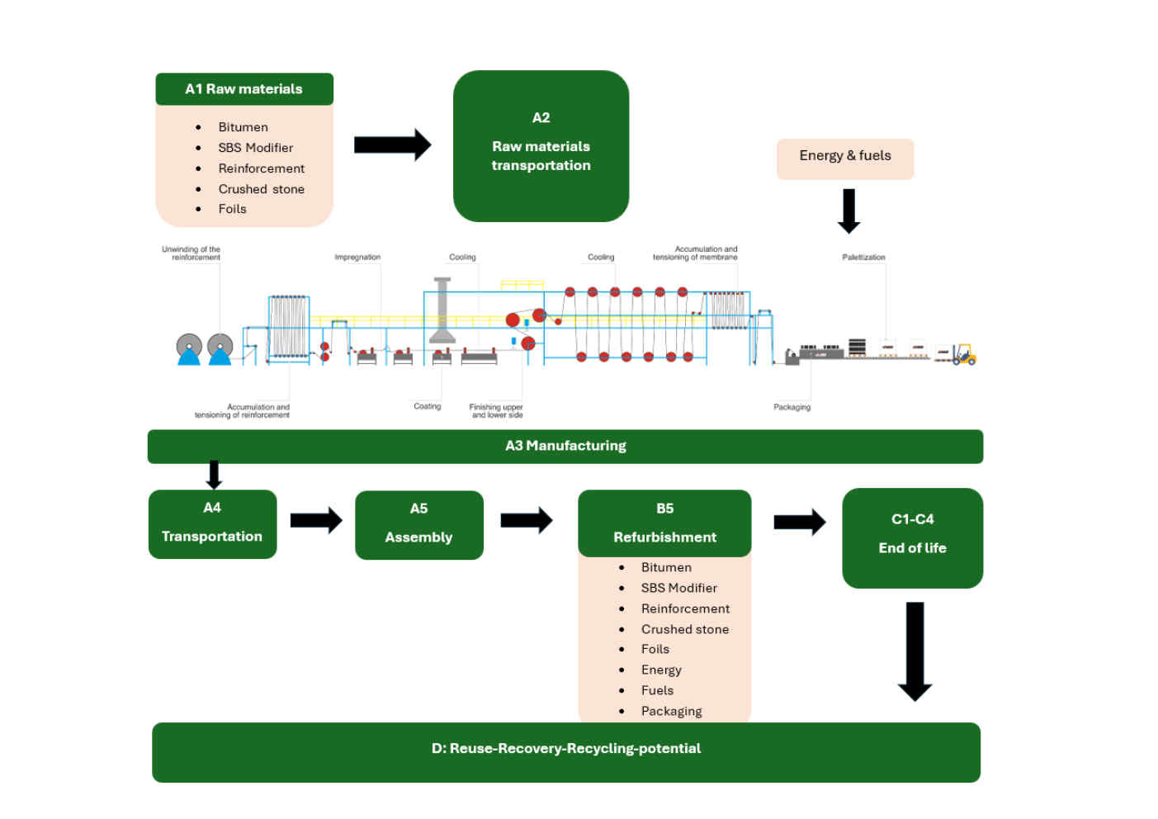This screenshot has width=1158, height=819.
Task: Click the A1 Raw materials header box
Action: pyautogui.click(x=244, y=89)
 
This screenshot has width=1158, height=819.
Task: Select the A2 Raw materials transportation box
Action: pyautogui.click(x=541, y=146)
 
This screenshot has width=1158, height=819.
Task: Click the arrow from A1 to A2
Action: pyautogui.click(x=392, y=145)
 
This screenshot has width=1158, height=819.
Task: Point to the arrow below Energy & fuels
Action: pyautogui.click(x=848, y=211)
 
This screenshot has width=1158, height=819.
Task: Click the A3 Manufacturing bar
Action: pyautogui.click(x=565, y=446)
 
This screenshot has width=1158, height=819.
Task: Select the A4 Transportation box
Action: pyautogui.click(x=212, y=524)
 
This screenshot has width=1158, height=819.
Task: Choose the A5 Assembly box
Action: pyautogui.click(x=418, y=525)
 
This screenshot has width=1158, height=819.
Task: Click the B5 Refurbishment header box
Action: pyautogui.click(x=664, y=523)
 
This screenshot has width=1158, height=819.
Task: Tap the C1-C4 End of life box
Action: pyautogui.click(x=912, y=537)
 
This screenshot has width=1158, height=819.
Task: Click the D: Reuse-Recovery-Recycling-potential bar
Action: pyautogui.click(x=565, y=752)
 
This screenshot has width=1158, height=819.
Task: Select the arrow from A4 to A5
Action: pyautogui.click(x=315, y=520)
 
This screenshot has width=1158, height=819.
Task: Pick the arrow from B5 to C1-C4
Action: pyautogui.click(x=799, y=522)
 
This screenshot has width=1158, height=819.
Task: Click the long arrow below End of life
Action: pyautogui.click(x=915, y=651)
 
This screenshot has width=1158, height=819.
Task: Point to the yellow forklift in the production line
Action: pyautogui.click(x=963, y=354)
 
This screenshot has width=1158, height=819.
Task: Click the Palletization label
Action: pyautogui.click(x=863, y=258)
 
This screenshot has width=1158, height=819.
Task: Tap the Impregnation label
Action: pyautogui.click(x=357, y=258)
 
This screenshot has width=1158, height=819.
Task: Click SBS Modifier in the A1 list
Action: pyautogui.click(x=256, y=148)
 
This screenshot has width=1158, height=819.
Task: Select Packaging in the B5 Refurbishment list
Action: pyautogui.click(x=671, y=711)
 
